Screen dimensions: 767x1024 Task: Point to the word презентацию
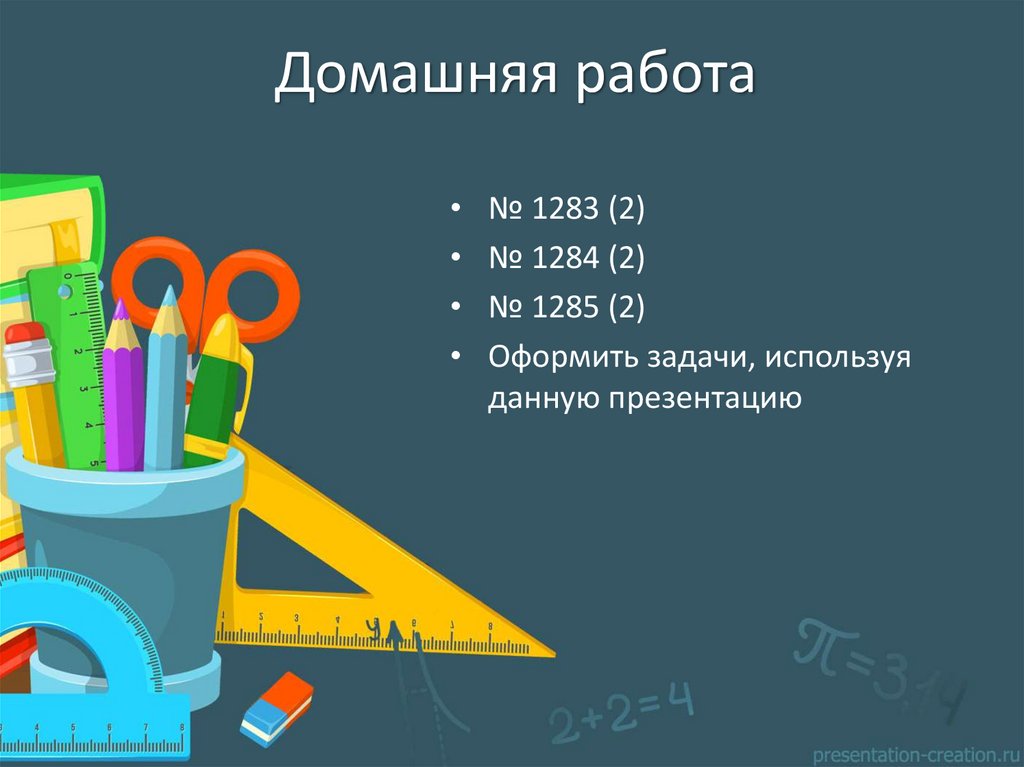pos(686,399)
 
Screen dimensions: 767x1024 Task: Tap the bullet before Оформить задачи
pos(456,356)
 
